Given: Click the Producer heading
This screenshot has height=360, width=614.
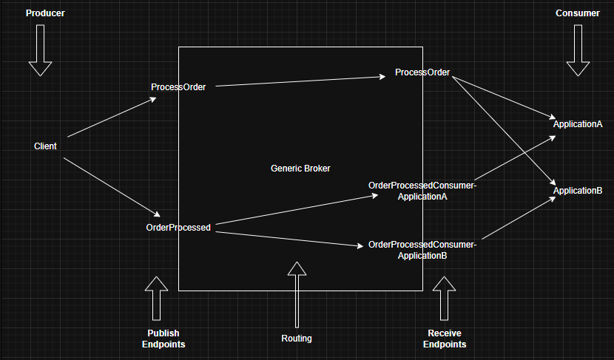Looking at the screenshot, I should point(40,13).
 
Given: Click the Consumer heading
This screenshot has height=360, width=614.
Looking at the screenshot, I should point(578,13).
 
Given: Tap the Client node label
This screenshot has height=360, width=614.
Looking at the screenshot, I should point(45,146).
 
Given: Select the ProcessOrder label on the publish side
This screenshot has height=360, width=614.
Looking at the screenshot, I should point(178,87).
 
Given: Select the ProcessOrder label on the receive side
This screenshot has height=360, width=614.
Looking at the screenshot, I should point(422,72).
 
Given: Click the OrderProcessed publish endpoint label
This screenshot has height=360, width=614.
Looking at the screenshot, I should point(178,228).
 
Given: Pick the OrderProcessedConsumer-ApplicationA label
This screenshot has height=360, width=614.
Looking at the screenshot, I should point(422,191).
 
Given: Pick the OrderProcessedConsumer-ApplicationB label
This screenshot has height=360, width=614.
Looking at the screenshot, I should point(422,250).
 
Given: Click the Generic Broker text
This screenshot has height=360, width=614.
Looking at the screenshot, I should point(300,169).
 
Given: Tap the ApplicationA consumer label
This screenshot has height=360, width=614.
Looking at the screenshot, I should point(578,124).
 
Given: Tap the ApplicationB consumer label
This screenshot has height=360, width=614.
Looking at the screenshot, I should point(578,191).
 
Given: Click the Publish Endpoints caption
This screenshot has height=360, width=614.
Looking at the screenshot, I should point(163,339).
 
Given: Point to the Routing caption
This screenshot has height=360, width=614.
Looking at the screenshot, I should point(297,339).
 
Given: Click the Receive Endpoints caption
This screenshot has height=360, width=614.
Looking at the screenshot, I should point(445,339).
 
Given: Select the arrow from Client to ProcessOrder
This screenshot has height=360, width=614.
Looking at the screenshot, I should point(111,118).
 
